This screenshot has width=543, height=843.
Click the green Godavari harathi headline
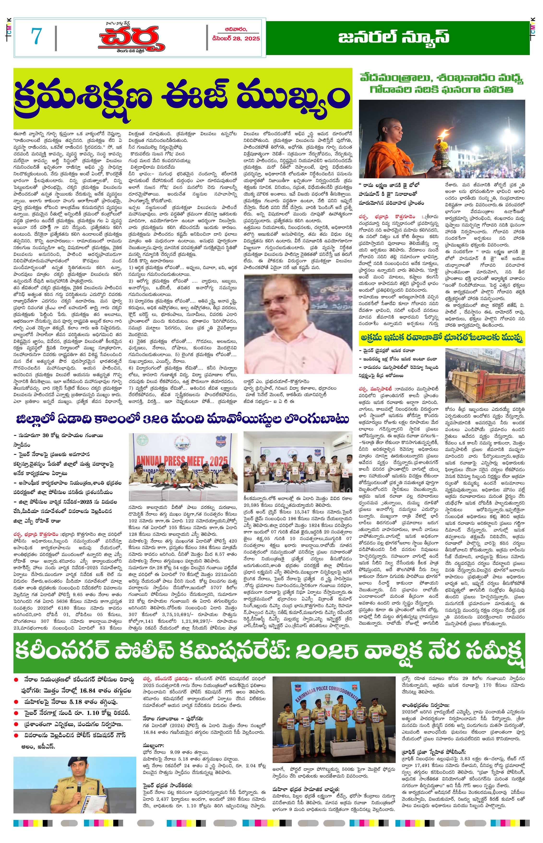coord(442,83)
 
